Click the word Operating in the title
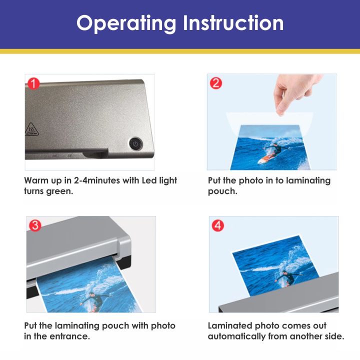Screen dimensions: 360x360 tap(126, 23)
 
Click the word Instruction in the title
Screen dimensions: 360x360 tap(233, 22)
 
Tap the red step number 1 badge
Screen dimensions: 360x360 tap(33, 83)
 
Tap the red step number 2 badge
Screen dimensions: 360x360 tap(216, 83)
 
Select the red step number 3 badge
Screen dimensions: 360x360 tap(35, 225)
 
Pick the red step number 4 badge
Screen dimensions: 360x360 tap(217, 225)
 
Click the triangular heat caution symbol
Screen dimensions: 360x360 tap(31, 129)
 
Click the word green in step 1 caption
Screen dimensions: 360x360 tap(59, 191)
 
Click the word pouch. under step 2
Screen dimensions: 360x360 tap(222, 191)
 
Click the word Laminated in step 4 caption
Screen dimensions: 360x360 tap(230, 325)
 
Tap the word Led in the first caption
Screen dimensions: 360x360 tap(149, 180)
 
